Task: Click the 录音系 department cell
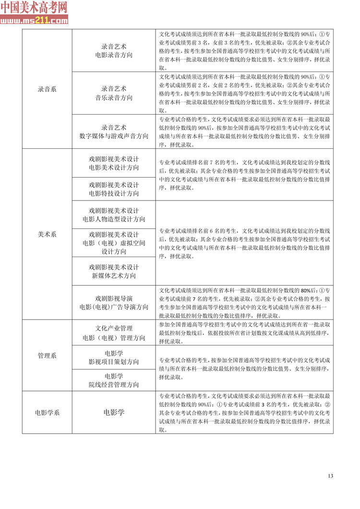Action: [x=47, y=89]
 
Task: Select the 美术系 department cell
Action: [x=47, y=235]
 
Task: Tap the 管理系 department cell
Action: [x=47, y=355]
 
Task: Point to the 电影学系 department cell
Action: [x=47, y=412]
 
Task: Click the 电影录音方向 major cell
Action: [x=114, y=51]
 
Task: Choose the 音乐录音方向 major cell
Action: [x=114, y=93]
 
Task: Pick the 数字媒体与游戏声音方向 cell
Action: [x=114, y=131]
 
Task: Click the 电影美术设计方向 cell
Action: [x=114, y=163]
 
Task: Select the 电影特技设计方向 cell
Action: [x=114, y=189]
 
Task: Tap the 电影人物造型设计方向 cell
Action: [x=114, y=215]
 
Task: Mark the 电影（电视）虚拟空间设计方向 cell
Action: [x=114, y=243]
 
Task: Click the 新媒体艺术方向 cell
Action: [x=114, y=271]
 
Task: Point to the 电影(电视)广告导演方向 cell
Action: [x=114, y=302]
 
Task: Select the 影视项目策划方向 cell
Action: [x=114, y=357]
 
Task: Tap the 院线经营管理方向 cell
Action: [x=114, y=380]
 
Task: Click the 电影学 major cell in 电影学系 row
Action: [x=114, y=412]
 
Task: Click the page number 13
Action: [x=330, y=476]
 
